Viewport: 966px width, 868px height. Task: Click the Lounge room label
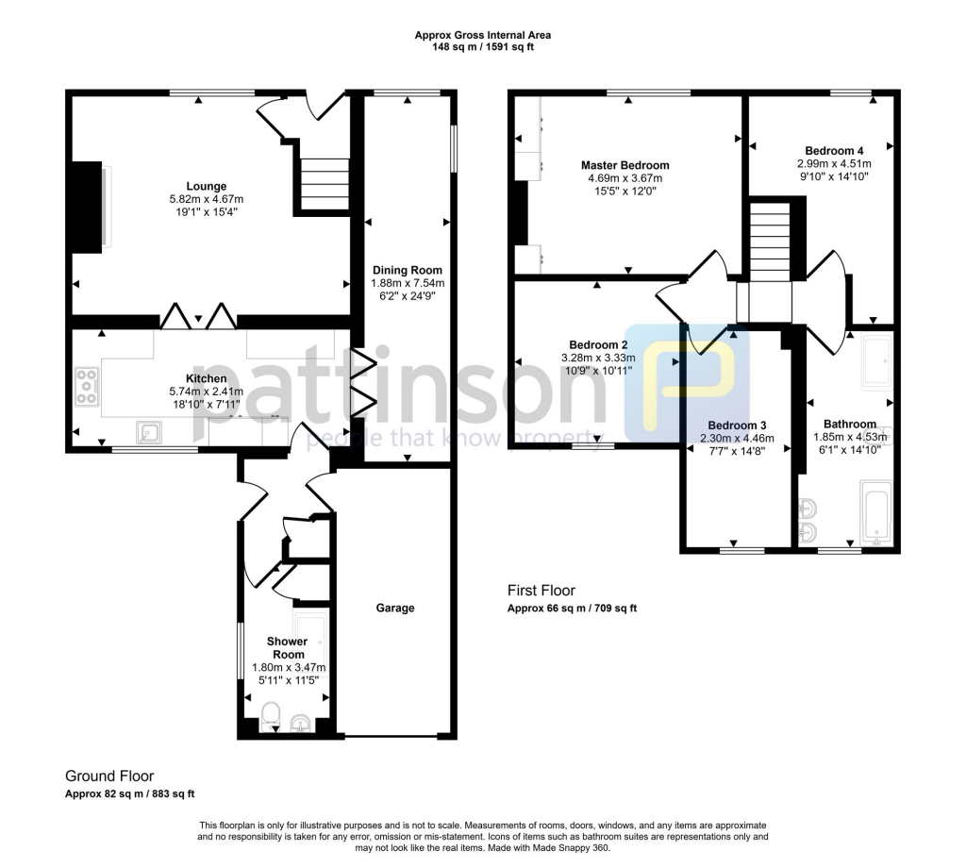[x=206, y=186]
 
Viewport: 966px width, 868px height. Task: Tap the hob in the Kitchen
[x=87, y=387]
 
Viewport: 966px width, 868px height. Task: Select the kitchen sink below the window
[x=149, y=432]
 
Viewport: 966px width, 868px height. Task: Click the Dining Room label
[x=407, y=270]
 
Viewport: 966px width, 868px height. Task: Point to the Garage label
[x=395, y=609]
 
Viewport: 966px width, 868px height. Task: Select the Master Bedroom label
[x=625, y=165]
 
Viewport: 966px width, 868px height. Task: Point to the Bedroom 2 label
[x=598, y=344]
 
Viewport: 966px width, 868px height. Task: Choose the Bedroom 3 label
[x=737, y=425]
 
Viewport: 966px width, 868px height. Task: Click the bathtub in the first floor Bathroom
[x=876, y=514]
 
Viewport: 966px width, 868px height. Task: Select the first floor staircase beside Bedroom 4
[x=769, y=241]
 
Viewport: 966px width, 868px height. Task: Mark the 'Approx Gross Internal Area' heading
[x=483, y=35]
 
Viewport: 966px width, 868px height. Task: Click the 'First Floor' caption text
[x=541, y=591]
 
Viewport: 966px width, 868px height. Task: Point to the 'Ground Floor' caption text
[x=109, y=776]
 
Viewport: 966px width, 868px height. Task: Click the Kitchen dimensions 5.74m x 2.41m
[x=206, y=392]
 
